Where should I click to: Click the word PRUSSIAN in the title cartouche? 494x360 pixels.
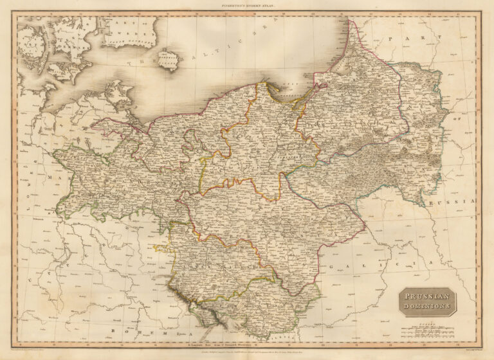coord(426,296)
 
